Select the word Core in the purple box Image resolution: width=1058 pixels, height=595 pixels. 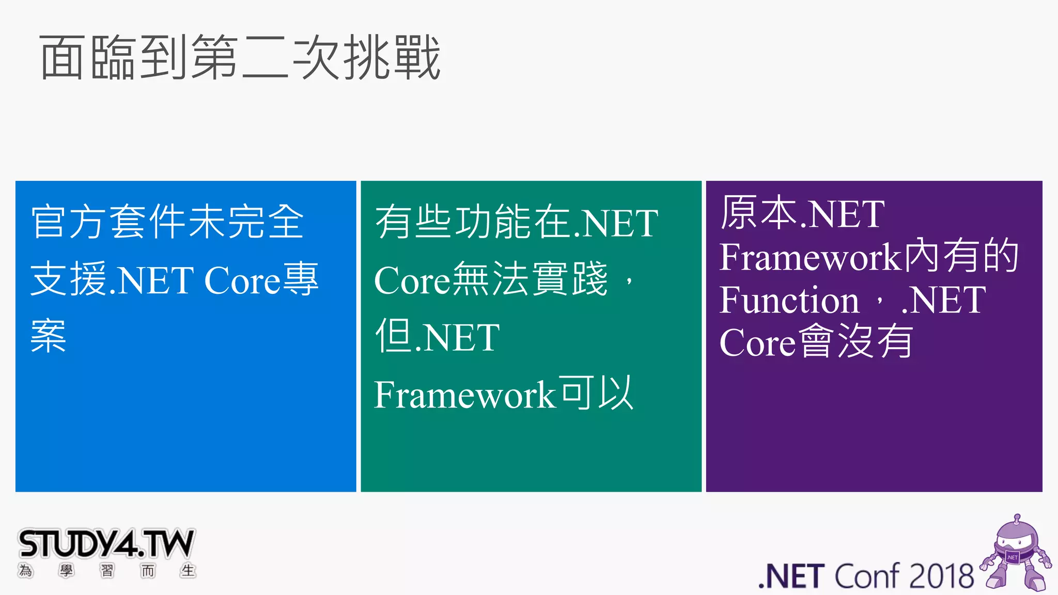757,342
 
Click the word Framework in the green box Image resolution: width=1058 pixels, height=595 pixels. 464,395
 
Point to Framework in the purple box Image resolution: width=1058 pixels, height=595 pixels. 810,257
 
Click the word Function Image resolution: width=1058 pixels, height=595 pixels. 789,300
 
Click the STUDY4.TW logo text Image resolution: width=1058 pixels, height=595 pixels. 106,544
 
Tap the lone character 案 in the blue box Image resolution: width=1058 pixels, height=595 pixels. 49,336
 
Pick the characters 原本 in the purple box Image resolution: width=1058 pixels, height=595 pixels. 760,213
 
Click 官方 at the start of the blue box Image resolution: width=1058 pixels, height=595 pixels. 69,222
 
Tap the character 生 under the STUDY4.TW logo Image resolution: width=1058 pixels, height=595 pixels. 188,571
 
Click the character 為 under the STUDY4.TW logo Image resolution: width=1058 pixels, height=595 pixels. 25,571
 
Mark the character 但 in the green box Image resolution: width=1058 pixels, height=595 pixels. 395,336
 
